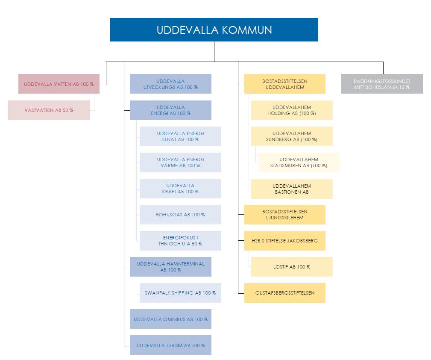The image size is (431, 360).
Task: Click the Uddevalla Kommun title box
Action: coord(214,30)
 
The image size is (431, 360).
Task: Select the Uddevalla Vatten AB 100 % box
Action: coord(59,84)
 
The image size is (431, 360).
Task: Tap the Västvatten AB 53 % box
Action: coord(49,110)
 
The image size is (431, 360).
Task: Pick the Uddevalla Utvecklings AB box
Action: coord(170,84)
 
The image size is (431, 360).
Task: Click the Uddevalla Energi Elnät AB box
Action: coord(180,136)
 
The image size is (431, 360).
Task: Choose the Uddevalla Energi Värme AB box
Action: coord(180,162)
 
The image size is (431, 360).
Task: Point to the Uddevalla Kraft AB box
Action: coord(180,189)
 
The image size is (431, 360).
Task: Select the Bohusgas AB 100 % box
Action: coord(180,214)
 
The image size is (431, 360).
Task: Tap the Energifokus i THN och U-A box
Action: coord(180,241)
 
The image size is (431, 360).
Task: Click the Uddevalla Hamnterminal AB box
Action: coord(170,267)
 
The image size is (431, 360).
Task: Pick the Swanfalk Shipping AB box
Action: coord(180,293)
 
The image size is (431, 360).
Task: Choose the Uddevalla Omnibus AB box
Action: coord(170,319)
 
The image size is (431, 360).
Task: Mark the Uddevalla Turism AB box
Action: coord(170,345)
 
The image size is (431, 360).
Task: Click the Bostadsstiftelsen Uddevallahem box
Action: coord(285,84)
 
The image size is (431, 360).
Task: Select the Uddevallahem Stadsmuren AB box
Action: coord(299,162)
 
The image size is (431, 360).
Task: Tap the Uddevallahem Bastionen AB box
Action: coord(292,189)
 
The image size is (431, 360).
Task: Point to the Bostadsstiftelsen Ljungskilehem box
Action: coord(285,214)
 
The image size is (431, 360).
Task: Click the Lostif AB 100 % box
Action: coord(292,267)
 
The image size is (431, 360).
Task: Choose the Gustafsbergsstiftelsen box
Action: coord(285,293)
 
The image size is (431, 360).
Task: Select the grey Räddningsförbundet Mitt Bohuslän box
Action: coord(382,84)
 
